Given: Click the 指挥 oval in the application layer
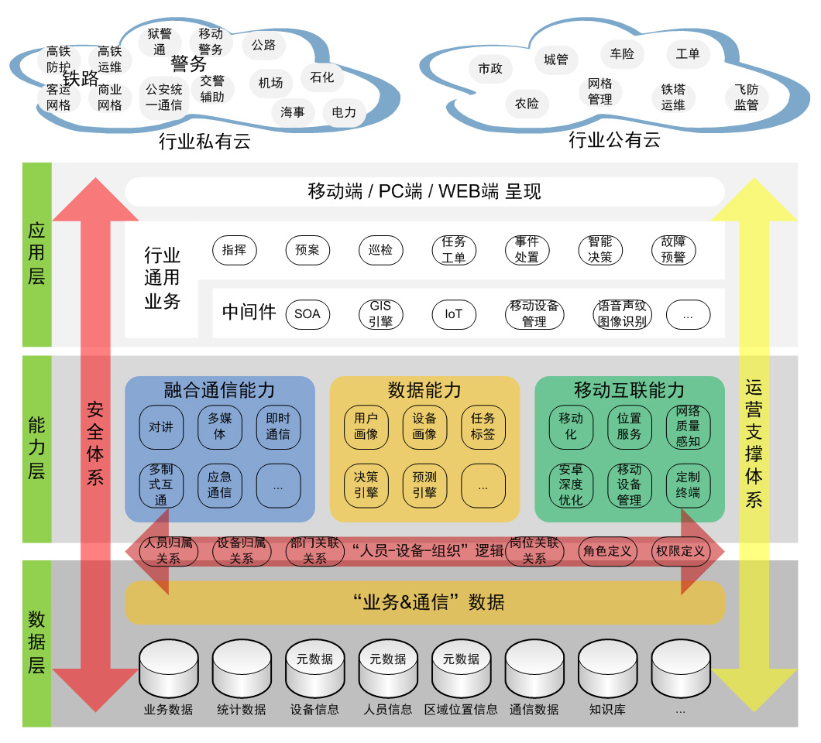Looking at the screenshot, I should click(234, 250).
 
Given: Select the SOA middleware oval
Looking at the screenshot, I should click(307, 314).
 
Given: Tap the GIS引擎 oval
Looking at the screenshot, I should click(380, 314).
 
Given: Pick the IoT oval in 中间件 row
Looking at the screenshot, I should click(454, 314).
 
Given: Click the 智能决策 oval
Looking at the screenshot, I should click(600, 250).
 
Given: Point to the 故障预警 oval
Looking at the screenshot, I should click(673, 250).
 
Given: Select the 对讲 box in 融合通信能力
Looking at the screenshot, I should click(161, 426).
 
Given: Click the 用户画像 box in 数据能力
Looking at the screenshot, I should click(366, 426).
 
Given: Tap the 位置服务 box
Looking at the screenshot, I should click(629, 426).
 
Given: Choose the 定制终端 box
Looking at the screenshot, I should click(688, 485).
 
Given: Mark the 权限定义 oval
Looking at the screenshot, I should click(681, 551).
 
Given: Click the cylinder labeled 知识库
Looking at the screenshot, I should click(607, 668).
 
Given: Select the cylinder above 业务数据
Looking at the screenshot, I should click(168, 668).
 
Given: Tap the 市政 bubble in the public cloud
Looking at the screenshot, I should click(490, 69).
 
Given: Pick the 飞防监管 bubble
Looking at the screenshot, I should click(747, 98).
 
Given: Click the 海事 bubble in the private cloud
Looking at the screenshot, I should click(293, 112).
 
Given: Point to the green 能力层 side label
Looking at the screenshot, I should click(36, 448).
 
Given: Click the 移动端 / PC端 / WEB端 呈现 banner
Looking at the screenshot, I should click(424, 192).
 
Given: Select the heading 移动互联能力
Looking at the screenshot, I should click(629, 390).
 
